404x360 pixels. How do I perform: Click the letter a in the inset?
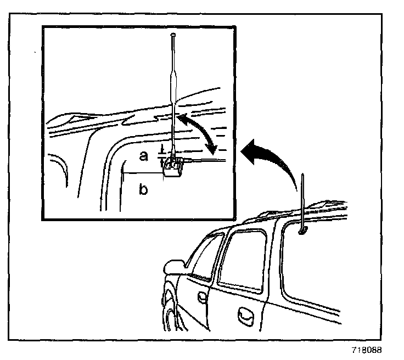click(143, 156)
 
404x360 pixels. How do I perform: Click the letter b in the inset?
click(143, 189)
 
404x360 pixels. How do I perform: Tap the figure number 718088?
click(367, 350)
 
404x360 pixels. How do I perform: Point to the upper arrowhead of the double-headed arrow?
click(183, 119)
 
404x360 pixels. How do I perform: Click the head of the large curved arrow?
click(250, 152)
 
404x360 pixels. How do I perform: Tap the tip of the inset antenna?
click(173, 34)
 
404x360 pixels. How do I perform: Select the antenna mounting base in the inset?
click(172, 167)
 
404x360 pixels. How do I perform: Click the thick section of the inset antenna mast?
click(173, 88)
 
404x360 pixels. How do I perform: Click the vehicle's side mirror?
click(174, 267)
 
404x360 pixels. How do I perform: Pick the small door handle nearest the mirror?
click(202, 297)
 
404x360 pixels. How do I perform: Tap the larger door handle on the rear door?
click(245, 317)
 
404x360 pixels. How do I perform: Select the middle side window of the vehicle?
click(242, 261)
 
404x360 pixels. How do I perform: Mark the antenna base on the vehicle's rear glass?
click(302, 230)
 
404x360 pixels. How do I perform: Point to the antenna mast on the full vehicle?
click(303, 201)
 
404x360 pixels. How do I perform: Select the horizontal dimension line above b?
click(143, 173)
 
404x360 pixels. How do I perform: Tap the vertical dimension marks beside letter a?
click(162, 155)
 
